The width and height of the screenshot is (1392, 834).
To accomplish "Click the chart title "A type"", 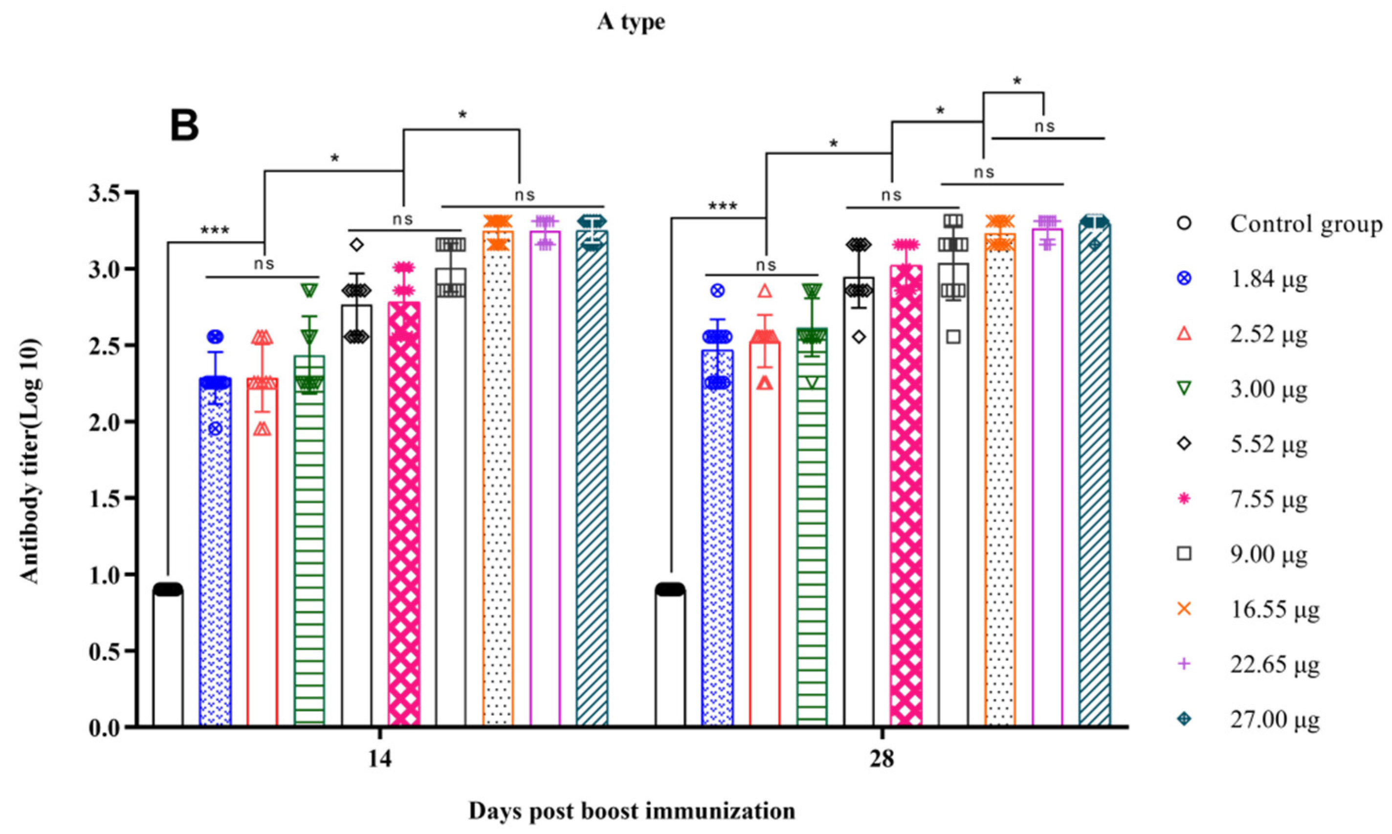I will click(631, 22).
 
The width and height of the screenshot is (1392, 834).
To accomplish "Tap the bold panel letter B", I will click(184, 126).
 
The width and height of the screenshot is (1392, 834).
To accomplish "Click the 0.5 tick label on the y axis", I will click(105, 651).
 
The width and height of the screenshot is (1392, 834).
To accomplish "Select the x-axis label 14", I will click(380, 760).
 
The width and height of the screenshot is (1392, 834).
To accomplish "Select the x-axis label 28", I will click(882, 760).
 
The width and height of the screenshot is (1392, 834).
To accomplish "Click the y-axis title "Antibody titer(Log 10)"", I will click(30, 461).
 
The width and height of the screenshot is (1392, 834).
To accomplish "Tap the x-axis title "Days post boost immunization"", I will click(632, 811).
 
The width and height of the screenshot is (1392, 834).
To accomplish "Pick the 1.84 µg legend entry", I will click(1268, 279).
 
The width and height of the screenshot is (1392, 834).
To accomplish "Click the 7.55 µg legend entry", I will click(1268, 499).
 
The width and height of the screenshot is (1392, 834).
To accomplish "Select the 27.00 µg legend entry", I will click(1274, 719).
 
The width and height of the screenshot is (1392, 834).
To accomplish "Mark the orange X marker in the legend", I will click(1184, 609).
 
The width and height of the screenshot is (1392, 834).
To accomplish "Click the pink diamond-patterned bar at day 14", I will click(404, 517).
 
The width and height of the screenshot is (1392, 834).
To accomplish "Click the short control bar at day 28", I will click(670, 658).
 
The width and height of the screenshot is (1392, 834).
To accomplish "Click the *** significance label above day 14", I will click(215, 230).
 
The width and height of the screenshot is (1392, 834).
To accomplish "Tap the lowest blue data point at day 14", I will click(215, 429).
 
